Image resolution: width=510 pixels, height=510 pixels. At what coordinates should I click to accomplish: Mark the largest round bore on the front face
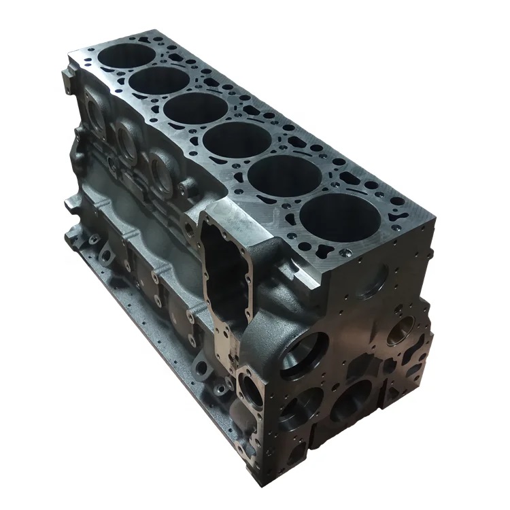click(301, 353)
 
